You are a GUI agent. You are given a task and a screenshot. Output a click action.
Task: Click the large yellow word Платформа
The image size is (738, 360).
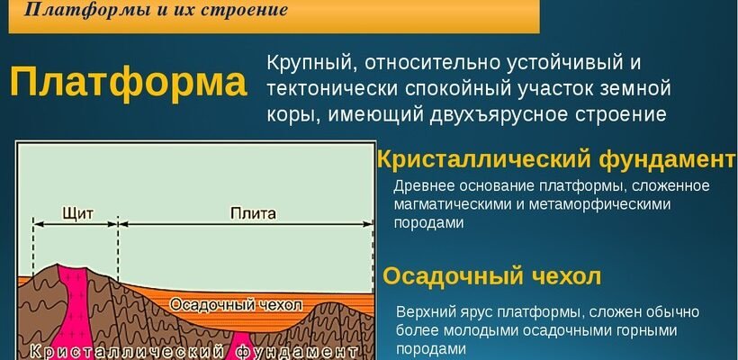(128, 84)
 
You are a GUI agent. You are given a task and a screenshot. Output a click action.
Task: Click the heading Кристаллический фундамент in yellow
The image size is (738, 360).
(556, 159)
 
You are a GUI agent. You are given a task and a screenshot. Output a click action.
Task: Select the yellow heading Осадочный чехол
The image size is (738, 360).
(491, 275)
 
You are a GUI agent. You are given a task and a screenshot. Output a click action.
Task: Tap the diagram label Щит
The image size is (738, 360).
(76, 214)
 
